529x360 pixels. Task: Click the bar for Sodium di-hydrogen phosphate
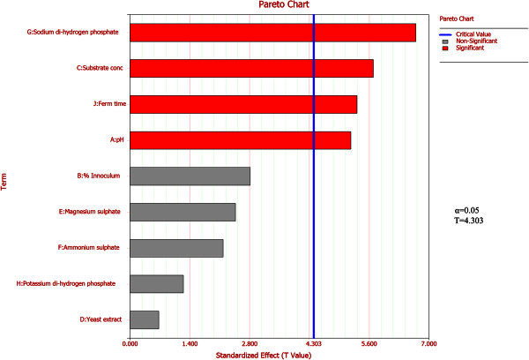pos(272,33)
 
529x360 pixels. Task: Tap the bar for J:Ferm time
pos(243,104)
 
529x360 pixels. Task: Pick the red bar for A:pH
pos(240,139)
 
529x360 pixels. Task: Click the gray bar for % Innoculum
pos(190,176)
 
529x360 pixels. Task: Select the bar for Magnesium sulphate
pos(183,212)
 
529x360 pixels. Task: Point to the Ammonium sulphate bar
pos(176,248)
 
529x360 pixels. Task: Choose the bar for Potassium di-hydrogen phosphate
pos(156,283)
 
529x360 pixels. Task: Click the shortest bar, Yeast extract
pos(144,319)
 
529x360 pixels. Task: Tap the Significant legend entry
pos(472,47)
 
